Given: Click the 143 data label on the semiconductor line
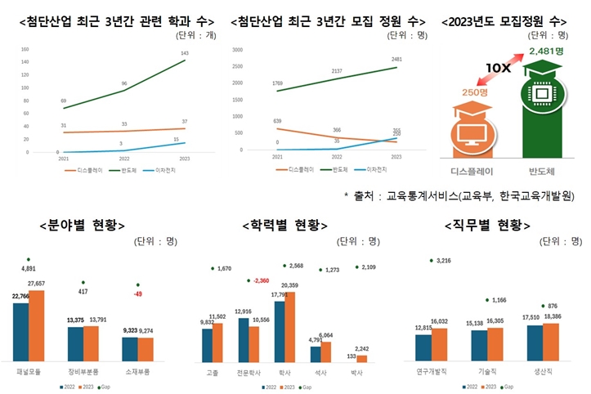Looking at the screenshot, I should (x=184, y=53).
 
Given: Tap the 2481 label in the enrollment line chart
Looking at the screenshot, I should (x=396, y=59).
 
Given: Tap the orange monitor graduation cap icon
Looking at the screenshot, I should (x=475, y=130).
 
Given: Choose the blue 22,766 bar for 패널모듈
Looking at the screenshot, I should (x=20, y=332).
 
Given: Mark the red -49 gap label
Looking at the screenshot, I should (x=139, y=293).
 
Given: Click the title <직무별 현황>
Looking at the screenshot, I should (x=487, y=224).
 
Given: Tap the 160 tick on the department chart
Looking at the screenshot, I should (x=25, y=49).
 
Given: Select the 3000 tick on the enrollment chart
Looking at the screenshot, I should (x=237, y=49).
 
